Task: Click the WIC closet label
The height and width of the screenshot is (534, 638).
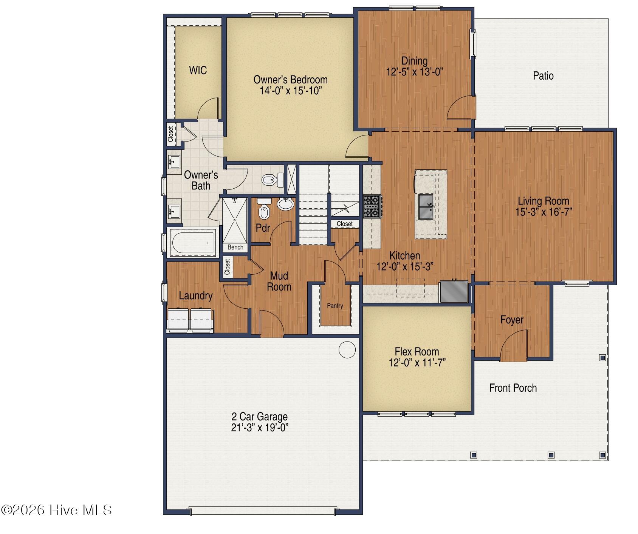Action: tap(198, 70)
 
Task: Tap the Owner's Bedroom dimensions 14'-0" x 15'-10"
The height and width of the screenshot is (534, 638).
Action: tap(291, 91)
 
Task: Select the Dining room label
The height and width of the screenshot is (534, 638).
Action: tap(415, 61)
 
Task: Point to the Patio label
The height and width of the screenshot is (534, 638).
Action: tap(543, 76)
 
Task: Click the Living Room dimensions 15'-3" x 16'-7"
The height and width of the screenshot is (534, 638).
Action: tap(544, 212)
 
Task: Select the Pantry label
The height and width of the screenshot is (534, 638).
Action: tap(335, 306)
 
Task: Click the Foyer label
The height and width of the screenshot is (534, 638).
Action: tap(512, 320)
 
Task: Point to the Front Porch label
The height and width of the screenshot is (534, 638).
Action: tap(513, 388)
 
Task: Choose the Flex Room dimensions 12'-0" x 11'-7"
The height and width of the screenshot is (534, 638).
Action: tap(417, 363)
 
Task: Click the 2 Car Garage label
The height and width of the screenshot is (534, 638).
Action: tap(260, 417)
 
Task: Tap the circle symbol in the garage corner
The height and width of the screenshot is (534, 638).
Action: tap(347, 350)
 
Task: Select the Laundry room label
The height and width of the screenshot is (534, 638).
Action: tap(196, 296)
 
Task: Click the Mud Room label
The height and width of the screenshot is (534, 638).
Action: tap(279, 281)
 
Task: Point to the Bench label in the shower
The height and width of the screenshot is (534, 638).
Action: tap(235, 247)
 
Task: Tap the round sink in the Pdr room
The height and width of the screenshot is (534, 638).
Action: tap(285, 204)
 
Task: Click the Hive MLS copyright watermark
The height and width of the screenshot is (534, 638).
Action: tap(57, 510)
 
